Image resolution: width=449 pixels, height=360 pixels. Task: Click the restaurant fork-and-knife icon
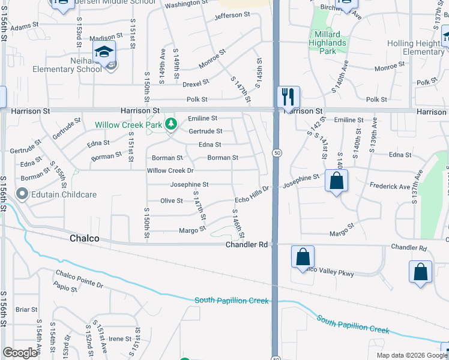coord(289,96)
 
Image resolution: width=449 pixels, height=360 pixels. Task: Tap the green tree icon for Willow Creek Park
coord(172,124)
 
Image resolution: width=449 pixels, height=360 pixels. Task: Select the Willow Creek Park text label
coord(129,125)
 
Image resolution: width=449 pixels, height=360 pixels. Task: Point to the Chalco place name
coord(84,239)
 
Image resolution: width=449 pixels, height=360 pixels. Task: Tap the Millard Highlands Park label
coord(327,43)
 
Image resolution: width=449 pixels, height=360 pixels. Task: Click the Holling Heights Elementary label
coord(415,47)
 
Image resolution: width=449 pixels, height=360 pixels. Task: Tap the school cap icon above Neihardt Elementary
coord(104,52)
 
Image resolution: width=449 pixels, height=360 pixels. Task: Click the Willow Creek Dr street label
coord(170,171)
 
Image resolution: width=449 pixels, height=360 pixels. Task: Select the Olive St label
coord(172,200)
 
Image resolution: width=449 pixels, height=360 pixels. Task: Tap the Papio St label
coord(65,289)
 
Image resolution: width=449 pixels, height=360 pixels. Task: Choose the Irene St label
coord(119,339)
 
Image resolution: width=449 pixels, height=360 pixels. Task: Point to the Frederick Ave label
coord(390,187)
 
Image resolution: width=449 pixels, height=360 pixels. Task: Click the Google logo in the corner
coord(20,353)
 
